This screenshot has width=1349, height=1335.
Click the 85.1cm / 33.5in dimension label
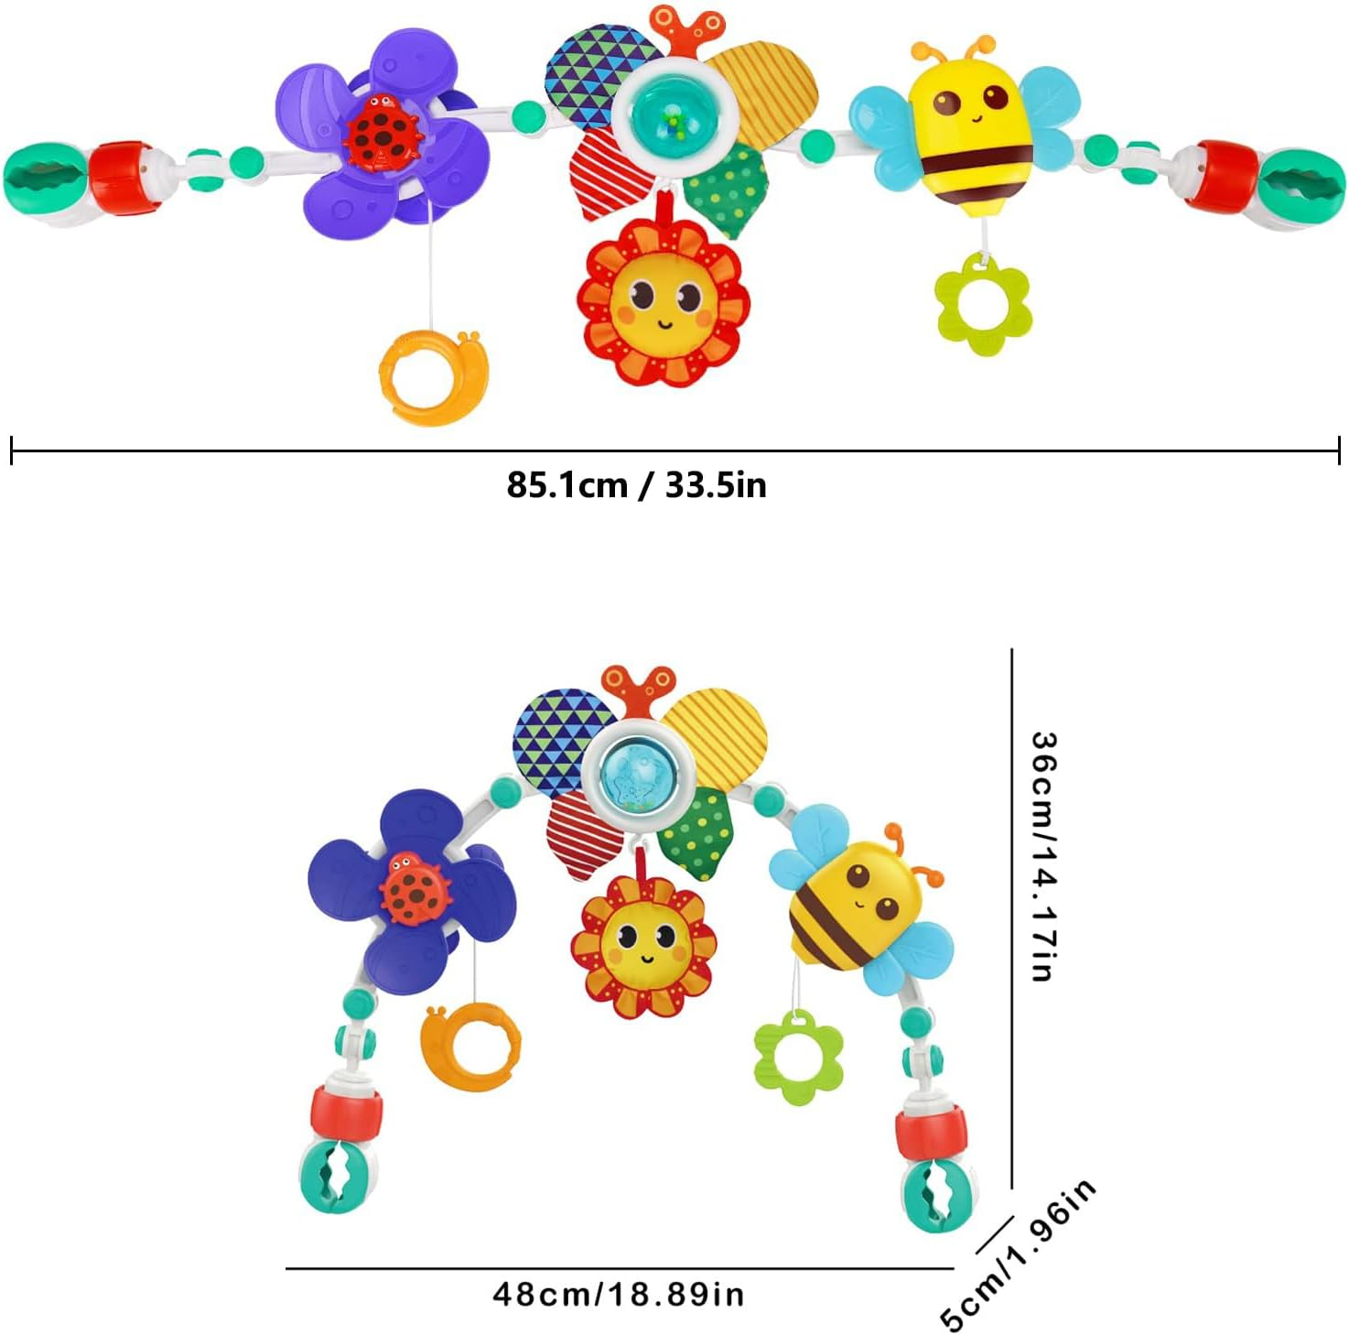(x=636, y=484)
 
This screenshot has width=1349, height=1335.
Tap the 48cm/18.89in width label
(x=619, y=1294)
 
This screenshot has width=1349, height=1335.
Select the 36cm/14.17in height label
(x=1043, y=855)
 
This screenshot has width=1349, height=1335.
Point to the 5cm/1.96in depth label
(x=1018, y=1254)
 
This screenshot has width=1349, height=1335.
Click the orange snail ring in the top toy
(x=433, y=377)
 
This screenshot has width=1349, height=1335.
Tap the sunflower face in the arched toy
(x=643, y=943)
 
